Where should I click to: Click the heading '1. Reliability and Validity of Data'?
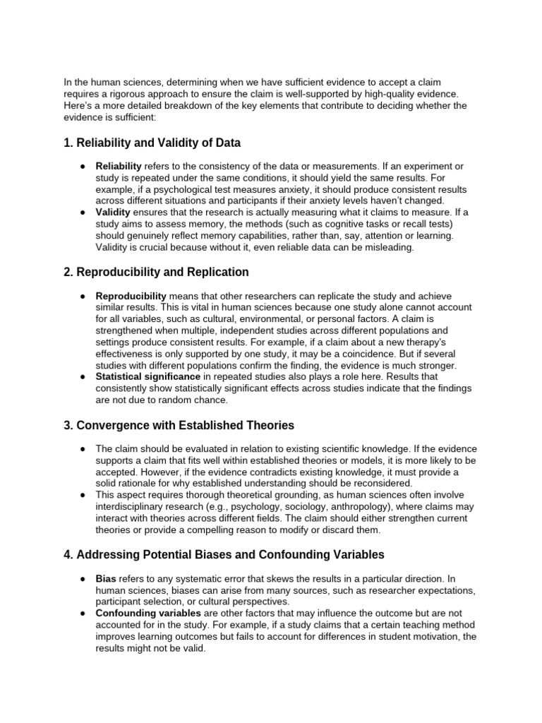click(152, 143)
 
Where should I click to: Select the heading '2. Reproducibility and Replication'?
click(156, 272)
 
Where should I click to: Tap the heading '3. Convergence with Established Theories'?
click(179, 425)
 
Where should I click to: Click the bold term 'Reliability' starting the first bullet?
click(119, 166)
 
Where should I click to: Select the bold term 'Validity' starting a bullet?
click(113, 213)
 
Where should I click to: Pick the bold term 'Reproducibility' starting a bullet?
click(131, 296)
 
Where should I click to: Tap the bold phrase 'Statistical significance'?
click(147, 377)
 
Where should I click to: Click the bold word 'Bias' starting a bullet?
click(106, 578)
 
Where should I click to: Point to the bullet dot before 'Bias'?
click(83, 578)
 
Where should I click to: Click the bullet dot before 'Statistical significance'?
click(83, 377)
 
